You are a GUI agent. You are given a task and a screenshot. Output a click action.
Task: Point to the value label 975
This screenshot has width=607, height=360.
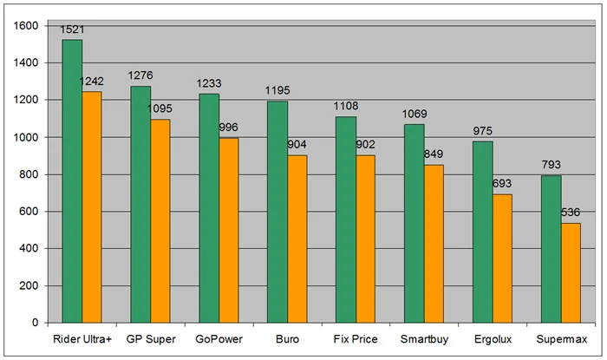(x=483, y=132)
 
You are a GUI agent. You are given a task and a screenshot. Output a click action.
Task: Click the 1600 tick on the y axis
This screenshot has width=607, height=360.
(x=26, y=26)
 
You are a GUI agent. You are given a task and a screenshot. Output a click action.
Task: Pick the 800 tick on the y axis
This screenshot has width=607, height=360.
(x=29, y=174)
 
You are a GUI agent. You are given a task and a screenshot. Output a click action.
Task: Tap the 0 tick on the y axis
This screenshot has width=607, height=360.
(x=36, y=323)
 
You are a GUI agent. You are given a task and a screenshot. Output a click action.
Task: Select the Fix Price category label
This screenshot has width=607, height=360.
(x=356, y=338)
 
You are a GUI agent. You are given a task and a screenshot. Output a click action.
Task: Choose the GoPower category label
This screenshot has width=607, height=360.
(x=219, y=338)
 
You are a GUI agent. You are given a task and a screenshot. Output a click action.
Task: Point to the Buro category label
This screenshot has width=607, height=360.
(x=287, y=338)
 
